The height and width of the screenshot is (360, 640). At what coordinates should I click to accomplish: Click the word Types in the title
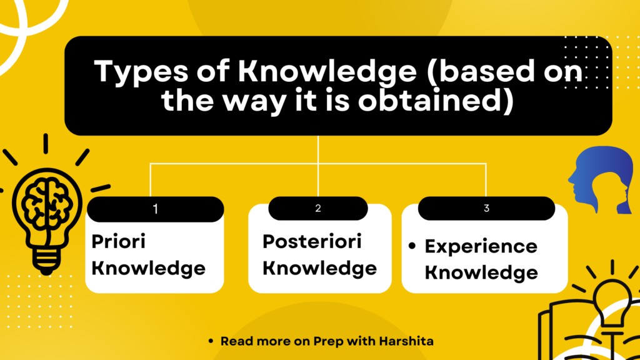pos(141,72)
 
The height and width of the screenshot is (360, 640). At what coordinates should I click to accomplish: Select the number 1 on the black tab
pos(155,209)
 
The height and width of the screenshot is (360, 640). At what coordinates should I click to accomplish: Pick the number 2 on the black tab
pos(318,208)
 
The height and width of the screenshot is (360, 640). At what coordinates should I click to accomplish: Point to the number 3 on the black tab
pos(486,208)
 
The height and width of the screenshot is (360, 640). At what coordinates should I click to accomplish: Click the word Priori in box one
pos(118,241)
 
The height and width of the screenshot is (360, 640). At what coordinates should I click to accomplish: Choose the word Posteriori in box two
pos(312,241)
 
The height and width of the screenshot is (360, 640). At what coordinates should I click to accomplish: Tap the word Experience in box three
pos(481,246)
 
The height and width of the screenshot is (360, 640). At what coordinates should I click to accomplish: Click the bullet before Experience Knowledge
pos(412,246)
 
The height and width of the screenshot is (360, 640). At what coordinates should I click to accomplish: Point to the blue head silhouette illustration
pos(601,179)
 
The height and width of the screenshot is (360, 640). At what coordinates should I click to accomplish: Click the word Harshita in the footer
pos(406,341)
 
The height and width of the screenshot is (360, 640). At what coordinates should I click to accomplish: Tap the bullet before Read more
pos(211,341)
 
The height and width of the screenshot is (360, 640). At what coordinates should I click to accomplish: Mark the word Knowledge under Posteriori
pos(319,268)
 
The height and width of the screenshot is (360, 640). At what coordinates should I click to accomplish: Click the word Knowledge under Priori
pos(149,268)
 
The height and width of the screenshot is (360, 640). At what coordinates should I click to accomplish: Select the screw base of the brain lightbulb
pos(46,261)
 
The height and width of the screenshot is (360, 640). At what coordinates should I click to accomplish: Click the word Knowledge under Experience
pos(481,272)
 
